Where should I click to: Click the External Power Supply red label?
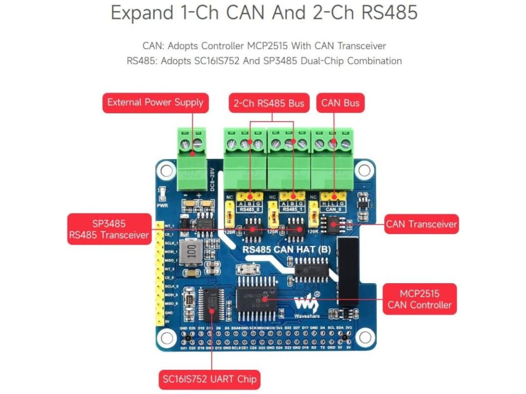[x=155, y=102]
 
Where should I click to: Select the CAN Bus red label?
[x=340, y=103]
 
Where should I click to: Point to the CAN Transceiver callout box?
[x=421, y=224]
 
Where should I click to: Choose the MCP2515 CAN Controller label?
[x=419, y=299]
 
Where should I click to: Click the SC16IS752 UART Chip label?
[x=209, y=380]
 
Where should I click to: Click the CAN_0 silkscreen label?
[x=333, y=209]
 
